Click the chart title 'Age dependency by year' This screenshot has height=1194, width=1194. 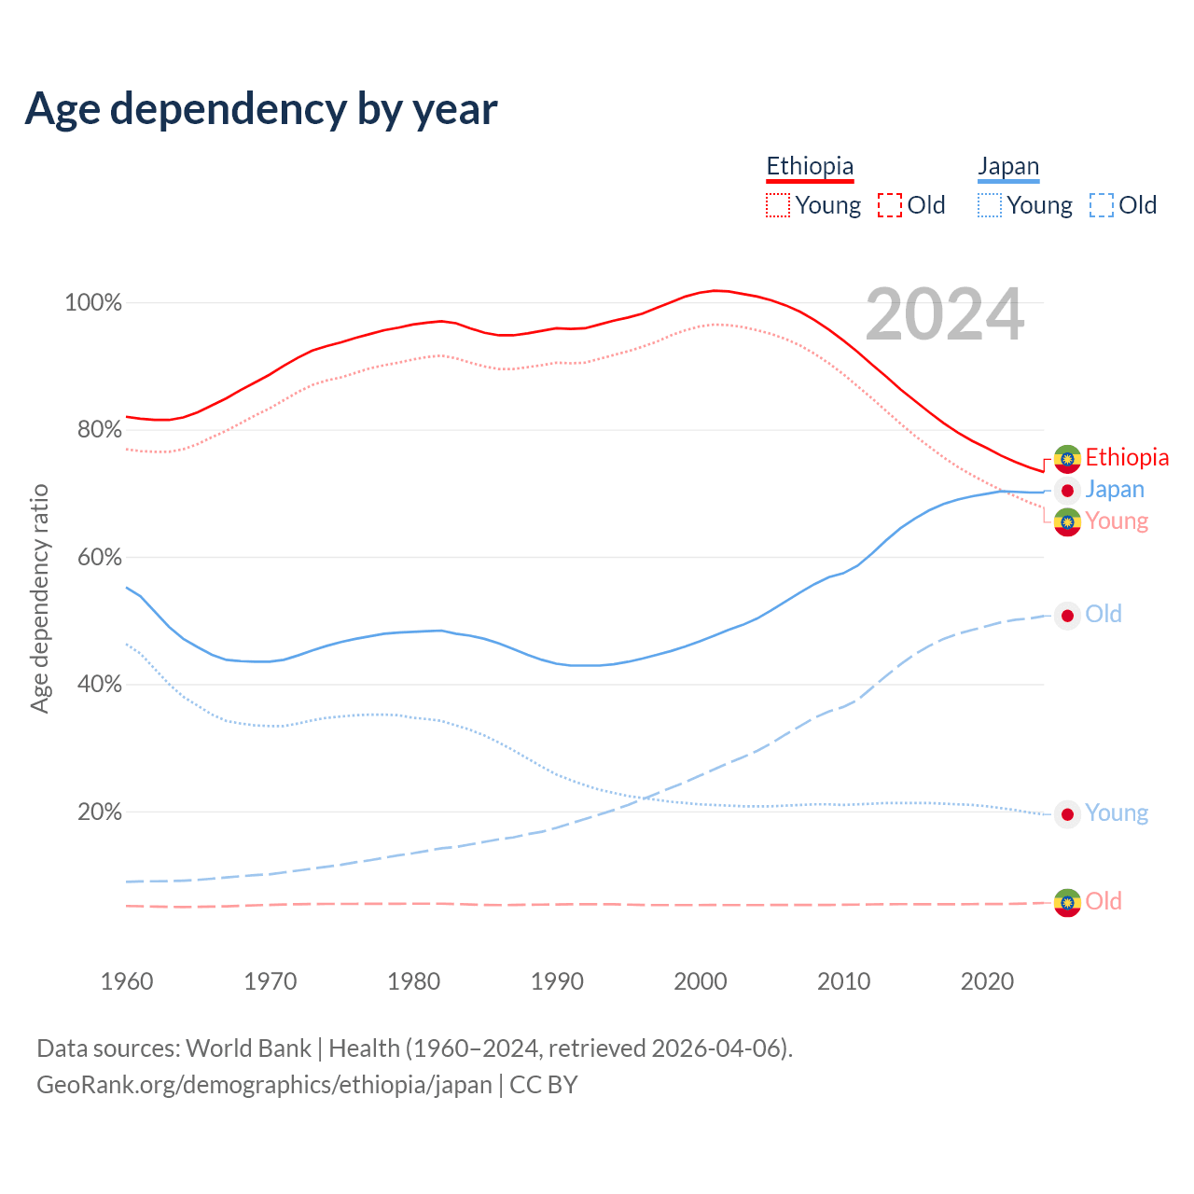pyautogui.click(x=261, y=108)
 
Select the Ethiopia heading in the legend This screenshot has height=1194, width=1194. pyautogui.click(x=810, y=166)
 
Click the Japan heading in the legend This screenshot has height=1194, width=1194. pyautogui.click(x=1008, y=167)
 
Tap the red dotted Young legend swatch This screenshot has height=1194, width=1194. pyautogui.click(x=777, y=205)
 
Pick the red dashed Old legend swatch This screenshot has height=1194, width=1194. pyautogui.click(x=890, y=205)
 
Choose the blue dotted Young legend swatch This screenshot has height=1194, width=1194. pyautogui.click(x=990, y=205)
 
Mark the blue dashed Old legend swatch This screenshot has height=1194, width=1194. pyautogui.click(x=1102, y=205)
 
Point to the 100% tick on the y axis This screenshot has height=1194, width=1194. pyautogui.click(x=93, y=303)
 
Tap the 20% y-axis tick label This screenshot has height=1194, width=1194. pyautogui.click(x=100, y=812)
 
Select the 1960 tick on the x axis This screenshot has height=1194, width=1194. pyautogui.click(x=127, y=981)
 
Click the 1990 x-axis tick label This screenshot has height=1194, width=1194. pyautogui.click(x=557, y=981)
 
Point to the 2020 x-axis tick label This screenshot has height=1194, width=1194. pyautogui.click(x=987, y=981)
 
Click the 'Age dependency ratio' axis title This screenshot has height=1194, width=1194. pyautogui.click(x=39, y=598)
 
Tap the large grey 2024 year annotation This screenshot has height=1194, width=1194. pyautogui.click(x=945, y=315)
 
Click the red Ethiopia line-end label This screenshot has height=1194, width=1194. pyautogui.click(x=1127, y=457)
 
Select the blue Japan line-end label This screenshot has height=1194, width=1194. pyautogui.click(x=1115, y=490)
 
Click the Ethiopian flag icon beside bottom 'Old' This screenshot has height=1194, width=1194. pyautogui.click(x=1067, y=902)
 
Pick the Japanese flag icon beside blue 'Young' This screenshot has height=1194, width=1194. pyautogui.click(x=1067, y=814)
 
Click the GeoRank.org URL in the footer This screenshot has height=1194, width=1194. pyautogui.click(x=264, y=1085)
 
